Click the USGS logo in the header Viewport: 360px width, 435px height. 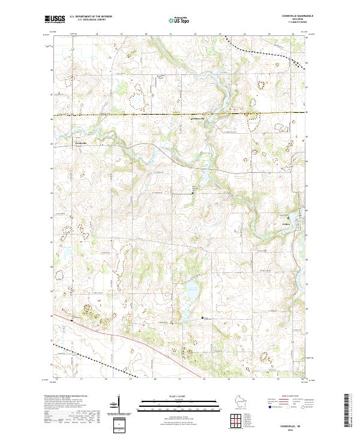pos(54,20)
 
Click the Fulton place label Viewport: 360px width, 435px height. pos(286,224)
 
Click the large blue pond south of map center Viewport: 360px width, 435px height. pos(191,292)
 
